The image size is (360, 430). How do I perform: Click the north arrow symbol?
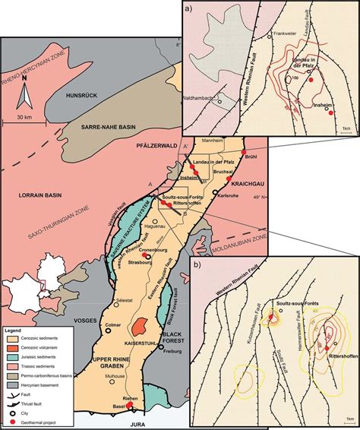point(25,96)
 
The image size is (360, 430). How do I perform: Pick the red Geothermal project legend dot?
point(11,419)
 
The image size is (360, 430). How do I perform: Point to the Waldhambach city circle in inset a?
point(219,102)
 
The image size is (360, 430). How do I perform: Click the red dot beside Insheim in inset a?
point(330,112)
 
